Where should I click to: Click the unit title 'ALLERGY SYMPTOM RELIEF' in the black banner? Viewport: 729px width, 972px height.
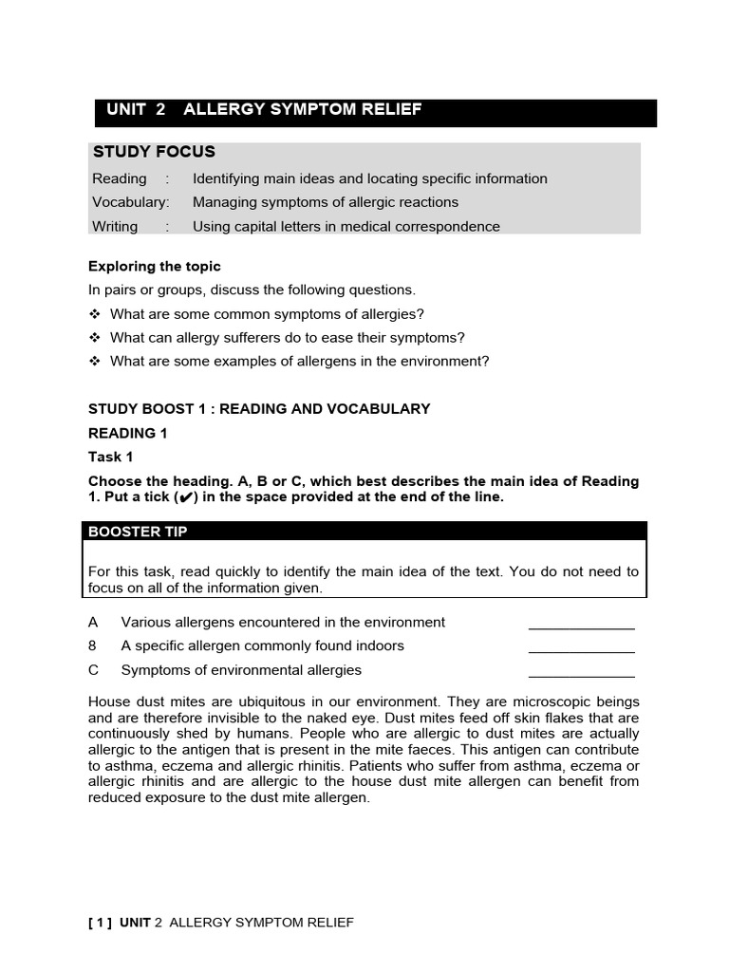click(302, 110)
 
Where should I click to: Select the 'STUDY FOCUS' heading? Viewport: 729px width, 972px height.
click(154, 152)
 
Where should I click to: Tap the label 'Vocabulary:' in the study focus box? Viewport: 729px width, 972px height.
click(130, 202)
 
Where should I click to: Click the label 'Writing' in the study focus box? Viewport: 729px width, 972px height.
click(115, 226)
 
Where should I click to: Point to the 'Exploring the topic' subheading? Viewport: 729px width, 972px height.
click(154, 266)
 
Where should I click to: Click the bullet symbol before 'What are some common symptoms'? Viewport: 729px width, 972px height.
click(94, 314)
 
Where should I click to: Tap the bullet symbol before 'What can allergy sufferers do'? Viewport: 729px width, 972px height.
click(94, 338)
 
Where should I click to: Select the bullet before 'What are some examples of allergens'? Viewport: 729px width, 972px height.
click(94, 362)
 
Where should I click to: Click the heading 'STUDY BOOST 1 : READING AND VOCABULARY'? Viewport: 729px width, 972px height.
click(259, 409)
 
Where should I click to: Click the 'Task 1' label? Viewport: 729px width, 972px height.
click(111, 457)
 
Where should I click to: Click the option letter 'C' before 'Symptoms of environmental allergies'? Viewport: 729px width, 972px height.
click(93, 670)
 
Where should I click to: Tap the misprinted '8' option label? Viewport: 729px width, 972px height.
click(93, 646)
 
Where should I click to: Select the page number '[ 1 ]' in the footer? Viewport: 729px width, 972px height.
click(100, 923)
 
